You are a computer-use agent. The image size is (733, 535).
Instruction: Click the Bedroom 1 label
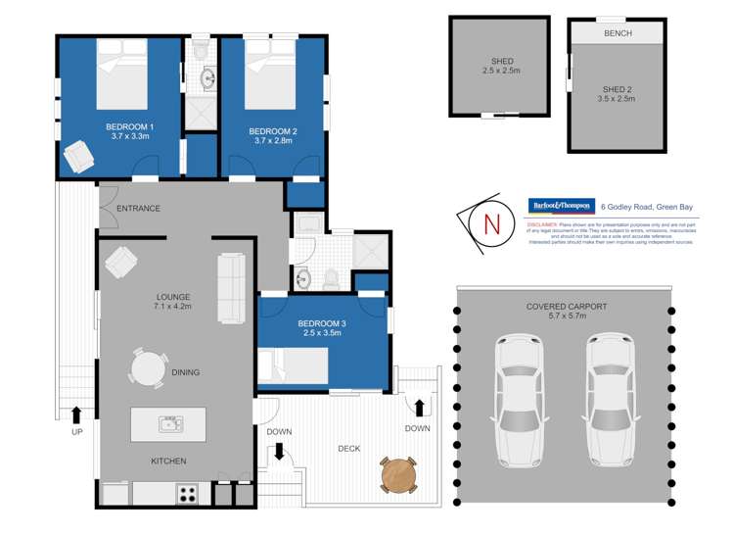[130, 127]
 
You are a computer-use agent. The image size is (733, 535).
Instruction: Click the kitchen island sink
[169, 424]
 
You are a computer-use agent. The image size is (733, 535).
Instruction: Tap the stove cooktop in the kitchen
[186, 494]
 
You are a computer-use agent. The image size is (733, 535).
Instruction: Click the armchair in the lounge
[121, 262]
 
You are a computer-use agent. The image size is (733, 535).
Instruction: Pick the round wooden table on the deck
[399, 475]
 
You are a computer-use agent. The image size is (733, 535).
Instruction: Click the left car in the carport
[517, 400]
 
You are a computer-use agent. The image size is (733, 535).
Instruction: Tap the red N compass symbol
[491, 222]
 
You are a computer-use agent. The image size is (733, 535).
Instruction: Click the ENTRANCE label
[138, 209]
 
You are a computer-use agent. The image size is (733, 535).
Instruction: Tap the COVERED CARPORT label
[565, 307]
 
